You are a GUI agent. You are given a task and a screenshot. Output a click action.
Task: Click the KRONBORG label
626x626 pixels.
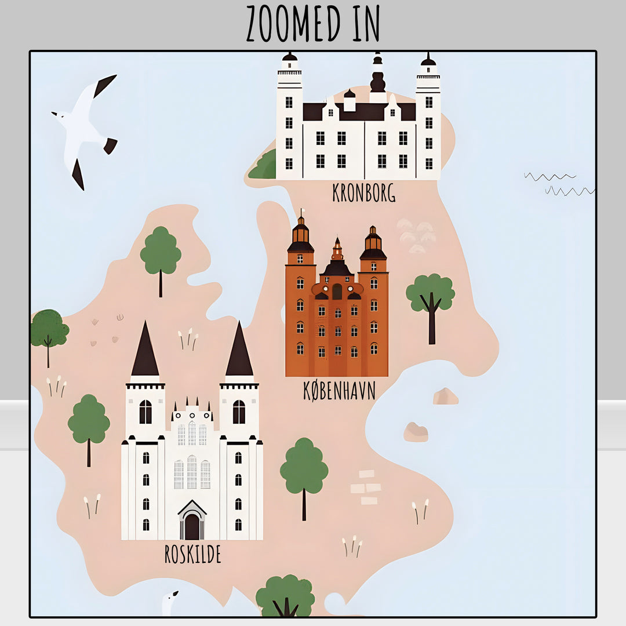[363, 192]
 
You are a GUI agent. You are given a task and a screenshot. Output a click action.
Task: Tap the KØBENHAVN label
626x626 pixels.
[339, 391]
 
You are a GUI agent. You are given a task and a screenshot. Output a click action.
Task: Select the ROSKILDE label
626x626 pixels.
[192, 554]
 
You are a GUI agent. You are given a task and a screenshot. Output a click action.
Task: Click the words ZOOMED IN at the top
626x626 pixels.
[313, 23]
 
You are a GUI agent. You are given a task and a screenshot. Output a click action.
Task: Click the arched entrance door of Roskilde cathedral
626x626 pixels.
[192, 525]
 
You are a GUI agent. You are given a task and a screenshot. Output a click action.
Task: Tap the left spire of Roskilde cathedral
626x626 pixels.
[145, 351]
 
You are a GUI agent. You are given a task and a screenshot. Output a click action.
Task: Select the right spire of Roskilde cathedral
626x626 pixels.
[239, 351]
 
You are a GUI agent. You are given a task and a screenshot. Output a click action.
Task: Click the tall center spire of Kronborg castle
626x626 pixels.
[378, 75]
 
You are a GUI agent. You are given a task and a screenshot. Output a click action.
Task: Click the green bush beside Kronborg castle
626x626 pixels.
[264, 166]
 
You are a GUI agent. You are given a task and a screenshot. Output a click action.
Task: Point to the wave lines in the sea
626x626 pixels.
[559, 183]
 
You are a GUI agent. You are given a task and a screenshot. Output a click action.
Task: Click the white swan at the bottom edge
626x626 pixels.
[169, 603]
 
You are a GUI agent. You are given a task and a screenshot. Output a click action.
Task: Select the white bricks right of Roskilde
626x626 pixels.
[366, 487]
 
